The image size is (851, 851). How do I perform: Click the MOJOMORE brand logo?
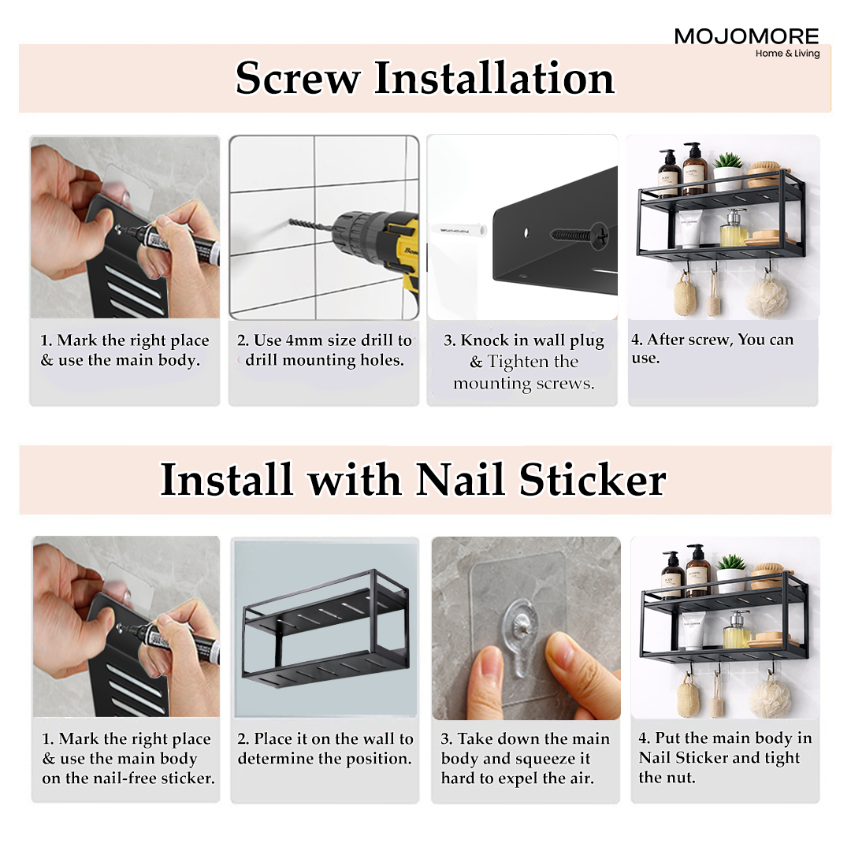746,36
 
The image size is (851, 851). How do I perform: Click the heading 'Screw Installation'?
425,79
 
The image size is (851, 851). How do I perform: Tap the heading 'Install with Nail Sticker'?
413,480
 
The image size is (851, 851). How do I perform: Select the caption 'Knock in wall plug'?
524,341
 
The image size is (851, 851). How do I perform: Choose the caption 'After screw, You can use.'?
712,348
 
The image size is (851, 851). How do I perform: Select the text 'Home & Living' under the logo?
787,54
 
